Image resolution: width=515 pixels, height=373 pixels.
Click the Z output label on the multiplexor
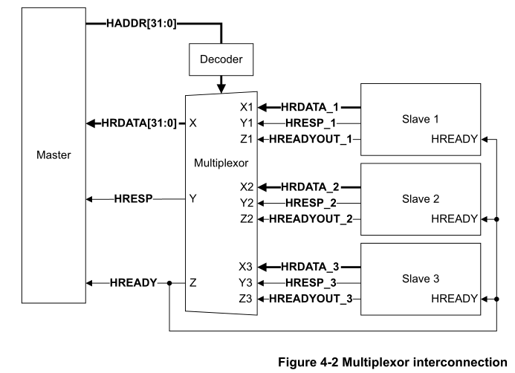coord(193,282)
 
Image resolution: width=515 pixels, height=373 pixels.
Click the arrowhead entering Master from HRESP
coord(90,199)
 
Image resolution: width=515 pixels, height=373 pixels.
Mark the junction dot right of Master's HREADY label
coord(169,282)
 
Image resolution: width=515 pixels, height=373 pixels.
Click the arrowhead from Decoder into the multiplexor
coord(221,89)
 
